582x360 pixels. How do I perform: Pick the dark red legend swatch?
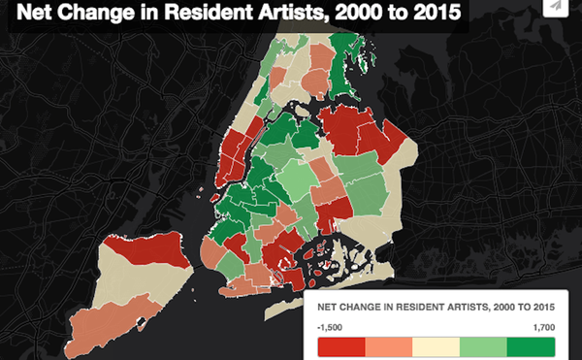tap(340, 346)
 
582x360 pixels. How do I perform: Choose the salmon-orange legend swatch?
tap(388, 346)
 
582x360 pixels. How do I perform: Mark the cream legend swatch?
tap(436, 346)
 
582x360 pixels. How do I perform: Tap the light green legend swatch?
tap(483, 346)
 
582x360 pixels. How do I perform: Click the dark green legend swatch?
tap(531, 346)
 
